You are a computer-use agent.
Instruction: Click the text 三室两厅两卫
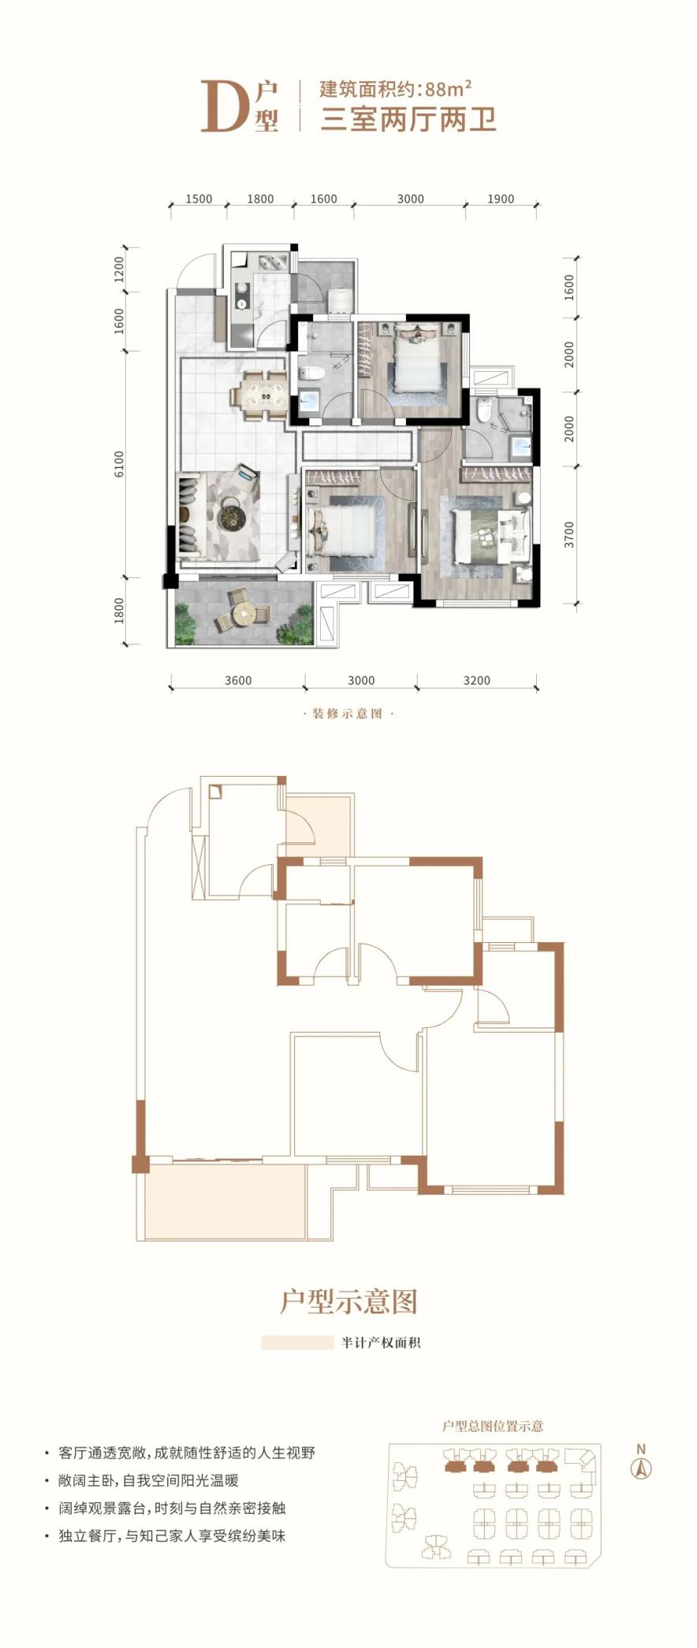point(408,120)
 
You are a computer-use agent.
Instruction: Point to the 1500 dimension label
point(199,199)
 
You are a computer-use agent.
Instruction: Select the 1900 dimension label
point(501,199)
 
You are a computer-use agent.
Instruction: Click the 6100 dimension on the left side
point(119,464)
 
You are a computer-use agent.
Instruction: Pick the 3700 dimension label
point(569,535)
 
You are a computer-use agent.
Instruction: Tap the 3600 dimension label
point(237,681)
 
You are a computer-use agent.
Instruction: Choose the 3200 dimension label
point(476,681)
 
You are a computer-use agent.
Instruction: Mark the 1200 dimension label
point(119,269)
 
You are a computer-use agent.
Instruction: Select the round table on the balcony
point(243,611)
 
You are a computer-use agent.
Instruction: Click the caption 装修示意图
point(348,714)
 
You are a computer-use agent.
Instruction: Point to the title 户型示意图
point(348,1301)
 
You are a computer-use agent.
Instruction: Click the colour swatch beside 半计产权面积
point(297,1342)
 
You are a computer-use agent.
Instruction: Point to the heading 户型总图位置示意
point(493,1426)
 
